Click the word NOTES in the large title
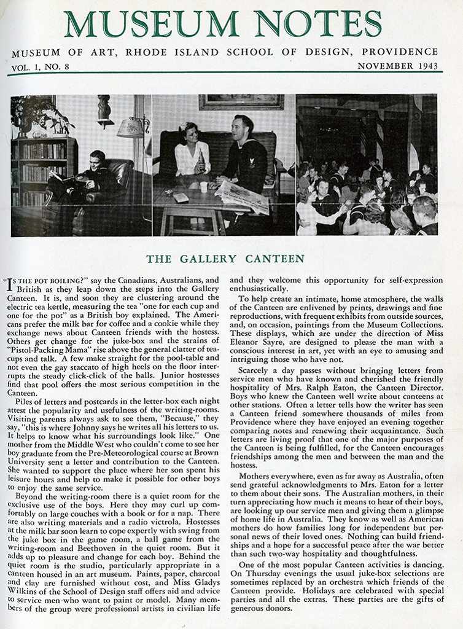click(319, 24)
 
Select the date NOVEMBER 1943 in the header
click(397, 66)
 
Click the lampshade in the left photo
click(131, 128)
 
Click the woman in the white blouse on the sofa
click(193, 155)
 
